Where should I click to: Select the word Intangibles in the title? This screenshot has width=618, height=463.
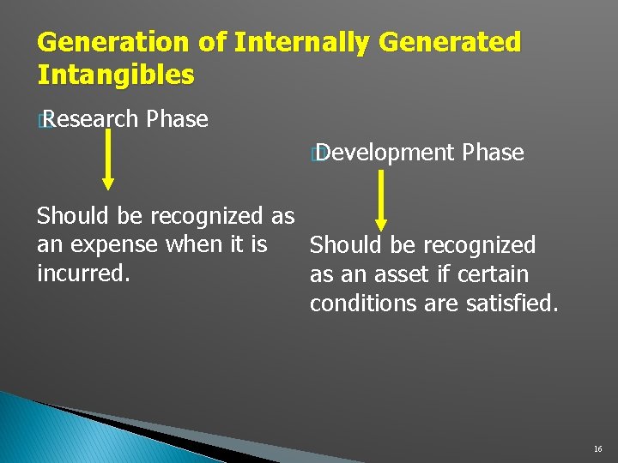[116, 74]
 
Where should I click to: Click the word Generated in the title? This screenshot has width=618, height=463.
[450, 42]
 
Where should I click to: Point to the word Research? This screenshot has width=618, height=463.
[91, 119]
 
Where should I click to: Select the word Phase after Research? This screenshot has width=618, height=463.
[177, 119]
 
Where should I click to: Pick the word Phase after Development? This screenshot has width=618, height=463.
[492, 153]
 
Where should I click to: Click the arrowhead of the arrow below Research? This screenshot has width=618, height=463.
[107, 182]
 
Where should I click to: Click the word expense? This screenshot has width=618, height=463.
[112, 245]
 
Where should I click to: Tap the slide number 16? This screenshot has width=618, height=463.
[597, 449]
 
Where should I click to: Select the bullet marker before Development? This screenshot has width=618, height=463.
[317, 154]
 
